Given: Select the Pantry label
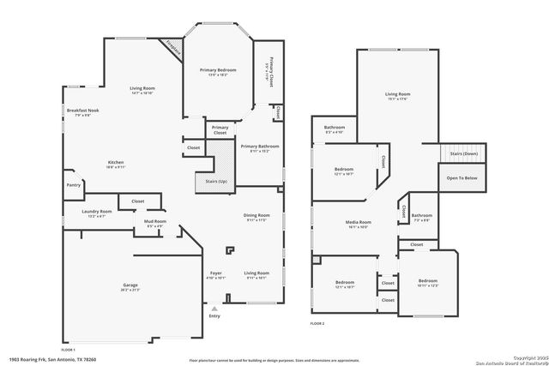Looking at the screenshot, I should tap(74, 184).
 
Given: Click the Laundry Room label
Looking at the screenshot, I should tap(96, 212).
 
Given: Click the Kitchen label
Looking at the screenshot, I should tap(117, 164).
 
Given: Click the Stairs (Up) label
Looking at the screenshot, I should tap(217, 182).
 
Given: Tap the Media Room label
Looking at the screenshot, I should tap(358, 222).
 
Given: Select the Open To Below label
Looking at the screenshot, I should tap(462, 178).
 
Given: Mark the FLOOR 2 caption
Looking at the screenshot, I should tap(318, 324).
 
